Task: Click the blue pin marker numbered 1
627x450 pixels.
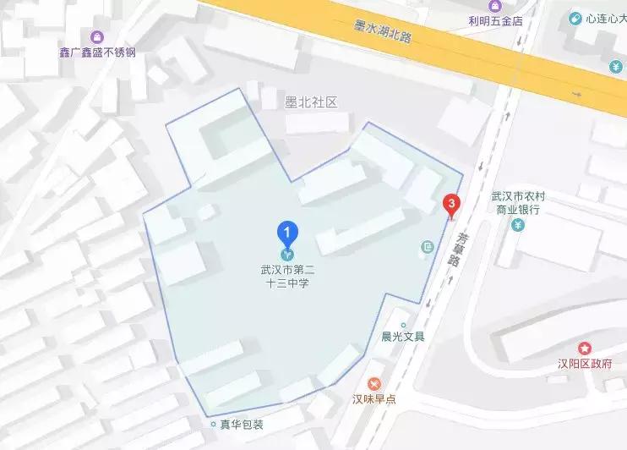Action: point(288,231)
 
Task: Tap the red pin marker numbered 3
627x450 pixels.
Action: point(452,204)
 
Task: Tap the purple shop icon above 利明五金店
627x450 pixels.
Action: point(495,5)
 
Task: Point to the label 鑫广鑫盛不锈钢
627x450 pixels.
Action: point(97,52)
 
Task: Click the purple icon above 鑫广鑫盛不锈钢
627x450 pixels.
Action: point(97,36)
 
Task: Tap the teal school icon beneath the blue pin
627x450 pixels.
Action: point(288,253)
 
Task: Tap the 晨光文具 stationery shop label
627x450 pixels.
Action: point(403,337)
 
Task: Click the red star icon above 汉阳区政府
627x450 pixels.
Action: point(584,348)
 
